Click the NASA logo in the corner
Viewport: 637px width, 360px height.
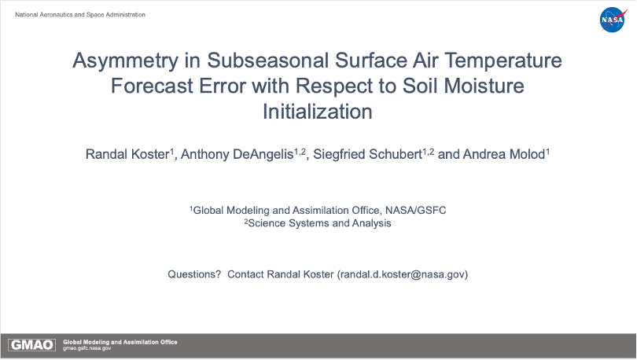coord(613,20)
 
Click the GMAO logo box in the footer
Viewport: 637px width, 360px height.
coord(31,345)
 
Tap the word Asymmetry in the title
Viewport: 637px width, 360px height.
coord(125,61)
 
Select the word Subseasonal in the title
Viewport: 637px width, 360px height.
coord(267,61)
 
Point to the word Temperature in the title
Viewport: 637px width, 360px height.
coord(503,61)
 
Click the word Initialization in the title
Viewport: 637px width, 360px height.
coord(317,112)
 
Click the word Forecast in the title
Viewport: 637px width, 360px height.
coord(152,86)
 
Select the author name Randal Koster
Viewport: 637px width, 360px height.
coord(127,154)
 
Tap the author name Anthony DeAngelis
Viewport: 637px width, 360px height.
coord(237,154)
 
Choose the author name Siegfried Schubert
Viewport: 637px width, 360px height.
coord(367,154)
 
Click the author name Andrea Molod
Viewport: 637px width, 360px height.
coord(504,154)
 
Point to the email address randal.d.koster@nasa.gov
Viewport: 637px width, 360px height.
coord(402,274)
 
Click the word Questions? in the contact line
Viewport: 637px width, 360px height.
coord(194,274)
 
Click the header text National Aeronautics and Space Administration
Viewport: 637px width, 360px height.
coord(80,15)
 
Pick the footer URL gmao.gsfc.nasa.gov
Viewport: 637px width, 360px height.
coord(87,348)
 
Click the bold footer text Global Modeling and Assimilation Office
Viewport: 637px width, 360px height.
coord(120,342)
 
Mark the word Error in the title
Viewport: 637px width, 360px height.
coord(222,86)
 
